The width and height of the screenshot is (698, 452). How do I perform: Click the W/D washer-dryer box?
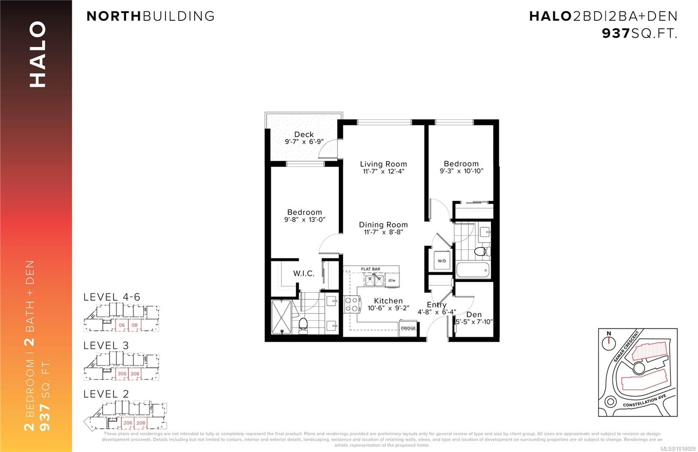click(x=442, y=261)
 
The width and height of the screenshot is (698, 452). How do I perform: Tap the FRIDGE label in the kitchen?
click(x=408, y=328)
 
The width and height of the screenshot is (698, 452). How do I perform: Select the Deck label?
click(x=304, y=135)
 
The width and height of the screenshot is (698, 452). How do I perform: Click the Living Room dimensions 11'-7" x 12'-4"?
click(x=383, y=172)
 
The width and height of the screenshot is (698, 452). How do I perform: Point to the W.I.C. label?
click(x=304, y=273)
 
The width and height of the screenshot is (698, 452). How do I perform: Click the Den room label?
click(x=474, y=314)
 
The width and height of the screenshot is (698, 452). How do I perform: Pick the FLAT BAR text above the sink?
click(x=370, y=269)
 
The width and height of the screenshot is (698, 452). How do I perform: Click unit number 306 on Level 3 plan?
click(x=122, y=374)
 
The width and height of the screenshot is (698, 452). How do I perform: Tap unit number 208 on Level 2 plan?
click(x=140, y=423)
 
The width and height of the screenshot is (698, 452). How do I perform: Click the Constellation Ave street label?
click(x=644, y=401)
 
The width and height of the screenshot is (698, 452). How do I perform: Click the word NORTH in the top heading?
click(x=114, y=16)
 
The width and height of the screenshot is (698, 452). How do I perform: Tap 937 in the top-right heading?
click(x=616, y=33)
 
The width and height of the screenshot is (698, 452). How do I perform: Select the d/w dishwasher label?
click(x=392, y=280)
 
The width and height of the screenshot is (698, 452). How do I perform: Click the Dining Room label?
click(x=383, y=224)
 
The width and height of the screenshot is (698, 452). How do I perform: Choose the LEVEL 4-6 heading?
click(x=112, y=297)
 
